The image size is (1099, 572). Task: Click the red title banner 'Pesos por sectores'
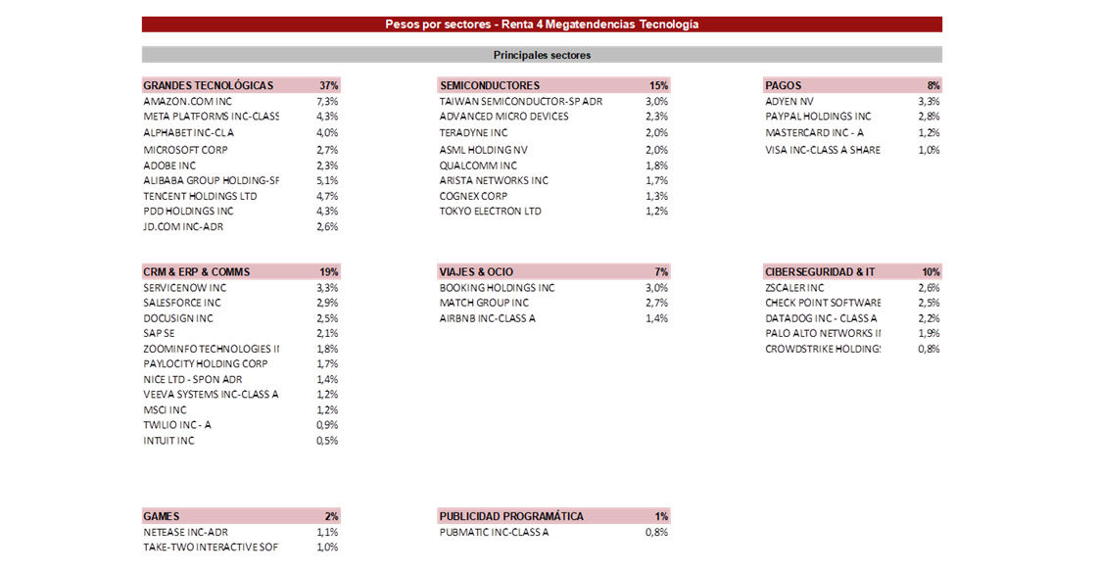click(542, 24)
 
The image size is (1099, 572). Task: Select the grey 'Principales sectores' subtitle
click(542, 55)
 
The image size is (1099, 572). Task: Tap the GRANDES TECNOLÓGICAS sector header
click(209, 85)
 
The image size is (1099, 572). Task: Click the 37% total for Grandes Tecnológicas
click(329, 85)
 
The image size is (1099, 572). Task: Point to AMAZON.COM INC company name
click(187, 102)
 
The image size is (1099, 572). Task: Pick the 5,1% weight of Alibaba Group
click(326, 181)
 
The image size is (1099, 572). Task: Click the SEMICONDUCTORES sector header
click(489, 85)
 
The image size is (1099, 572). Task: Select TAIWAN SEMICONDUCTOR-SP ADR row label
click(521, 102)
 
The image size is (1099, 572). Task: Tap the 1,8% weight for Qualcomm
click(656, 167)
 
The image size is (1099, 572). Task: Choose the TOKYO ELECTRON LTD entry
click(490, 211)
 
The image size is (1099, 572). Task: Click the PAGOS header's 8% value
click(933, 85)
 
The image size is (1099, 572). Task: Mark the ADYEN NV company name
click(789, 102)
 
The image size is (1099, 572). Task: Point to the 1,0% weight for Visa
click(929, 150)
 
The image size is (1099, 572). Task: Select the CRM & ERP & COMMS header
click(196, 272)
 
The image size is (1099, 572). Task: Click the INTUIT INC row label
click(168, 441)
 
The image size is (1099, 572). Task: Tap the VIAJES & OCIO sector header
click(476, 272)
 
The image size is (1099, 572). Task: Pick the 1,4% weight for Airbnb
click(656, 318)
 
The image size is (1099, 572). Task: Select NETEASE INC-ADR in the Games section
click(185, 533)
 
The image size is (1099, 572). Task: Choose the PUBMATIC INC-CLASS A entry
click(494, 533)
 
